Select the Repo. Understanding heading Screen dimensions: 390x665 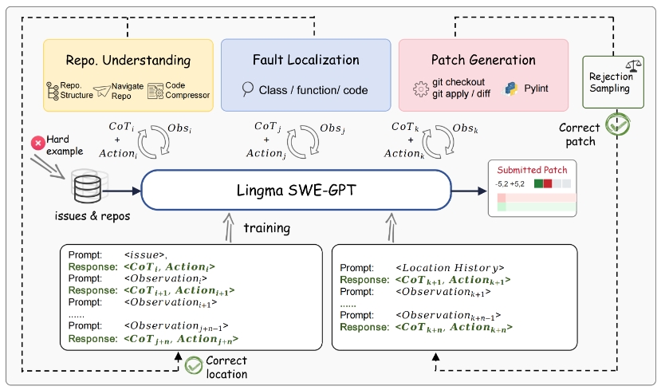pos(128,61)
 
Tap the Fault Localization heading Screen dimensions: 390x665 pos(305,61)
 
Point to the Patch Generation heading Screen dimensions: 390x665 pos(483,61)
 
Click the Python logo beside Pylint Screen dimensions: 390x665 pos(510,88)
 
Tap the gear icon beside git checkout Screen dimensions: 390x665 pos(422,89)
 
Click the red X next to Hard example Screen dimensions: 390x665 pos(37,144)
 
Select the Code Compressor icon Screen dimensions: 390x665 pos(155,91)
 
